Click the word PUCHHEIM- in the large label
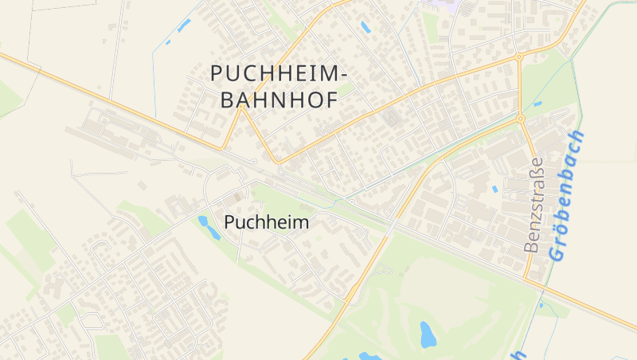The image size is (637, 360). point(279,72)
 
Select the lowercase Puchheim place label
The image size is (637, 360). point(266,222)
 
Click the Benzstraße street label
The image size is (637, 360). point(534,205)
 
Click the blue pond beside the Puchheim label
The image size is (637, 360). point(209,227)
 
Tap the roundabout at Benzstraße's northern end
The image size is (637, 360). point(520,119)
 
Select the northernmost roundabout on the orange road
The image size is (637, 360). point(518,57)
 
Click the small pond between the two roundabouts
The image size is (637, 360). point(537,104)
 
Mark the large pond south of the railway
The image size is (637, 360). point(428,334)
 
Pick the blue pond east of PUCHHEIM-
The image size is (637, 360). point(365,27)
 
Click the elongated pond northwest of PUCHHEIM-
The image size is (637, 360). point(184,25)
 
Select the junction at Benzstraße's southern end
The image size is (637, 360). point(525,279)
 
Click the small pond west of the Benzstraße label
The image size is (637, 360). point(495,190)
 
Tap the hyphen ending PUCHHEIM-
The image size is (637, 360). point(343,73)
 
